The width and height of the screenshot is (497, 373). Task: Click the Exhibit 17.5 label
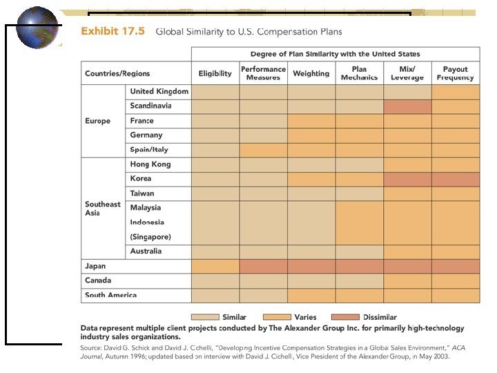(x=113, y=31)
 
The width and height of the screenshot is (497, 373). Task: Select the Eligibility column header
(x=215, y=73)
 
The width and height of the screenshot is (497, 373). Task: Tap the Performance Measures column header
(x=263, y=73)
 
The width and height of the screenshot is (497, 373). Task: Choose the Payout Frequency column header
(x=455, y=73)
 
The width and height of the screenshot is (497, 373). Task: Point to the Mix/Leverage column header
(x=407, y=73)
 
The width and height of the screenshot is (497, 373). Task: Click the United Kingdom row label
(x=159, y=91)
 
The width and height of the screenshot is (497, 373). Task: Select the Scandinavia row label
(x=150, y=106)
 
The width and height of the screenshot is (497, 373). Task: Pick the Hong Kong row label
(x=150, y=164)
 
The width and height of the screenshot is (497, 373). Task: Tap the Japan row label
(x=95, y=266)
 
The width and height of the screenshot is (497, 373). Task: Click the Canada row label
(x=97, y=280)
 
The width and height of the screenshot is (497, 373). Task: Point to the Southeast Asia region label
(x=102, y=208)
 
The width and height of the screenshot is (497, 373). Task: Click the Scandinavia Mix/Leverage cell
(x=407, y=106)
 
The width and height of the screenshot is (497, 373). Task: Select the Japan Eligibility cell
(x=215, y=266)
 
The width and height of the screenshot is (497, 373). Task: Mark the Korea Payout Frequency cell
(x=455, y=179)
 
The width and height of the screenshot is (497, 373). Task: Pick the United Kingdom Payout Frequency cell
(x=455, y=91)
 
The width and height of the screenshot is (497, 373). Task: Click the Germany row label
(x=146, y=135)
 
